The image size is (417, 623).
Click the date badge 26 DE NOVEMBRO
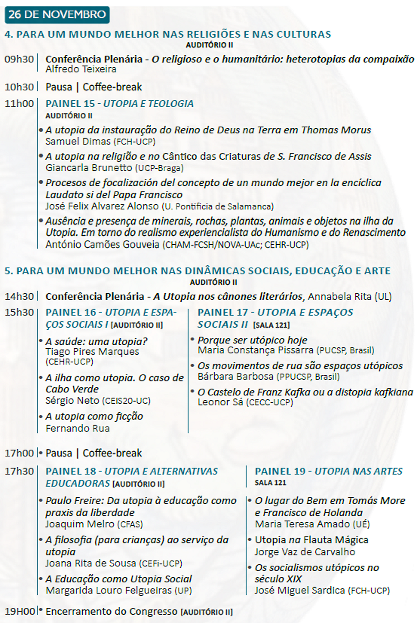pyautogui.click(x=57, y=15)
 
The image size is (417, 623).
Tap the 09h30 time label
pyautogui.click(x=19, y=59)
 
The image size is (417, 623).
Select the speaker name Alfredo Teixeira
pyautogui.click(x=81, y=69)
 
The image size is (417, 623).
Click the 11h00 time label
pyautogui.click(x=19, y=104)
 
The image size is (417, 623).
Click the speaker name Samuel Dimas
pyautogui.click(x=77, y=142)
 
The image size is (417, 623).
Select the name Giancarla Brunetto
pyautogui.click(x=89, y=168)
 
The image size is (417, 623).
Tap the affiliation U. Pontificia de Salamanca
pyautogui.click(x=218, y=207)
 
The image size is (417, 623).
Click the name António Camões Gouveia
pyautogui.click(x=102, y=245)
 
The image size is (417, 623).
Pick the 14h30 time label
pyautogui.click(x=19, y=297)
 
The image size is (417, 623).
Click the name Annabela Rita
pyautogui.click(x=340, y=297)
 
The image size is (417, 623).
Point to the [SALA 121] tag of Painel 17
pyautogui.click(x=271, y=325)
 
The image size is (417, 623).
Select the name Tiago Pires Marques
pyautogui.click(x=92, y=352)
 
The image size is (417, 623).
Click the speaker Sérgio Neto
pyautogui.click(x=72, y=401)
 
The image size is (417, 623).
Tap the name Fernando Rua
pyautogui.click(x=77, y=429)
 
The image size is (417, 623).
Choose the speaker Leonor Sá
pyautogui.click(x=220, y=402)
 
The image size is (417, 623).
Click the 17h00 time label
pyautogui.click(x=19, y=453)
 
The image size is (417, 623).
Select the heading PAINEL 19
pyautogui.click(x=280, y=471)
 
